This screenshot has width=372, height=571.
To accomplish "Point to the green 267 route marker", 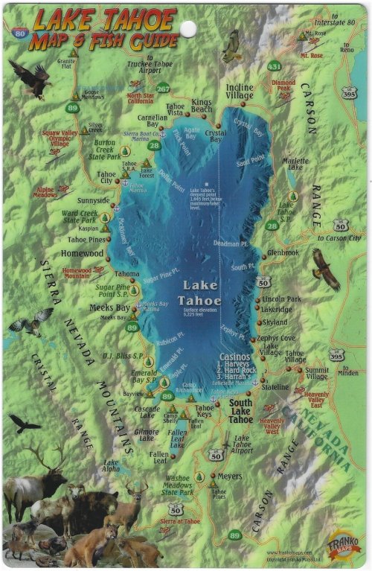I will click(x=162, y=90).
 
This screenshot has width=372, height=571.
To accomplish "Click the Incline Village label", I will click(x=240, y=92).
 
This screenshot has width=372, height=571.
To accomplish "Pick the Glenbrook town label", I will click(x=283, y=253).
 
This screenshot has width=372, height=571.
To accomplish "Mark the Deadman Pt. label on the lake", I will click(x=230, y=243).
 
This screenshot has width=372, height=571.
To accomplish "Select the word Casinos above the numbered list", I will click(x=235, y=356).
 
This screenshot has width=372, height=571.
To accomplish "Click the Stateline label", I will click(x=275, y=387).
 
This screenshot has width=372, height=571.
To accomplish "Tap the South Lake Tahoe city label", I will click(x=240, y=412).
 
